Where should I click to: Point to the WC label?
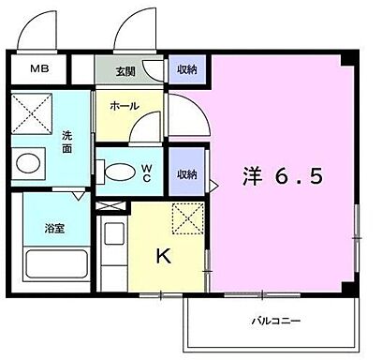point(147,172)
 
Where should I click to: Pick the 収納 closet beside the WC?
point(185,173)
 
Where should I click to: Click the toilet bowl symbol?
point(117,172)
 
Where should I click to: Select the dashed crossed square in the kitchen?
point(187,219)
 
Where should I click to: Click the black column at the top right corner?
point(346,60)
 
